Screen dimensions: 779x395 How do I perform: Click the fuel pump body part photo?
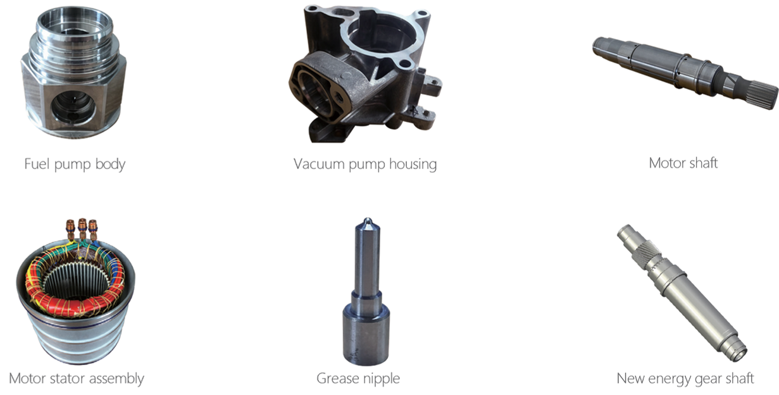tap(73, 72)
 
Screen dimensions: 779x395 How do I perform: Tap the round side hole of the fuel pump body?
tap(73, 108)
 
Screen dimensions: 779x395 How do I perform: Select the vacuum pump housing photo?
tap(365, 73)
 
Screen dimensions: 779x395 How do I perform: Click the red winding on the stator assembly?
tap(75, 302)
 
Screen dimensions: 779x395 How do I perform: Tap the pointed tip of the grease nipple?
tap(367, 221)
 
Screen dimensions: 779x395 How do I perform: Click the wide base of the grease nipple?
tap(366, 334)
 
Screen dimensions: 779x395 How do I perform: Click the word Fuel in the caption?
tap(37, 163)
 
